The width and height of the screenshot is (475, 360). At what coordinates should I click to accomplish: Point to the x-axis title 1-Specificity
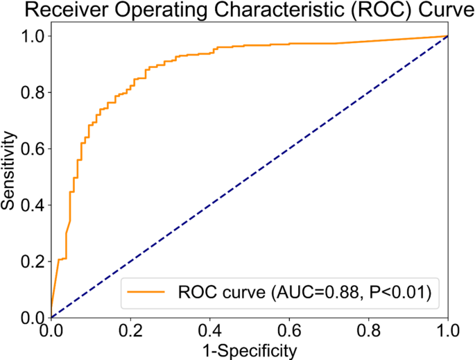249,350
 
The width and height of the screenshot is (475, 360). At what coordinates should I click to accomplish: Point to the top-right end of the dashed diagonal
447,36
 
